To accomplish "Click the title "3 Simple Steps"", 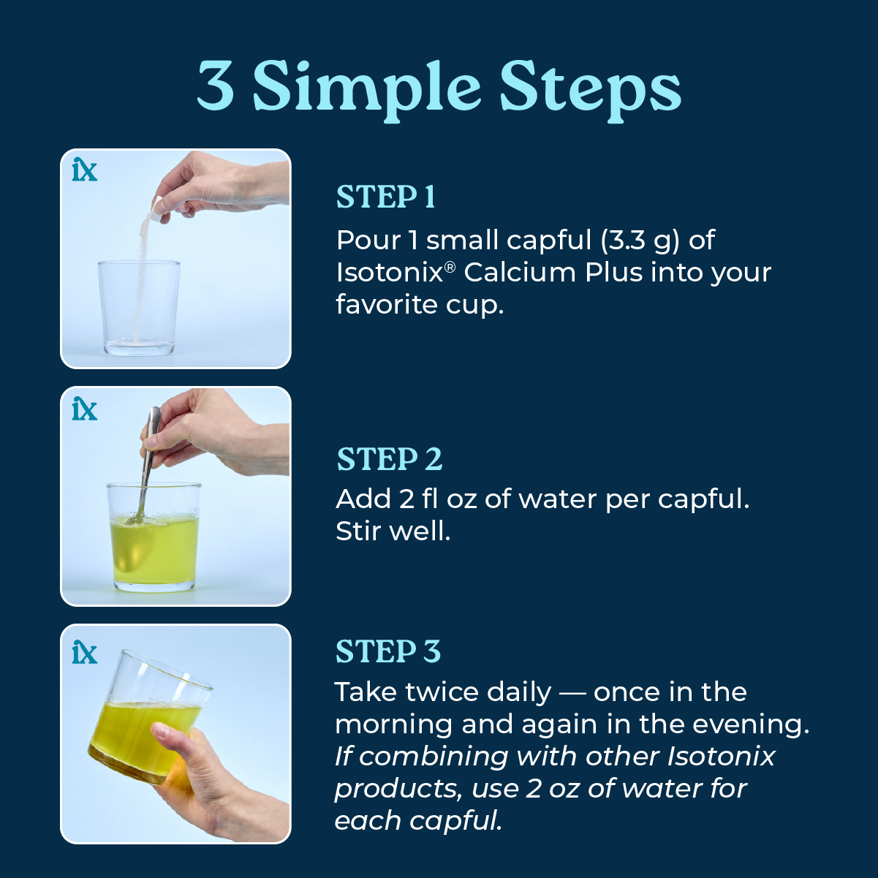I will (439, 88).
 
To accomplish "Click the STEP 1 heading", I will (385, 197).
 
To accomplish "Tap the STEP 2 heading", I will (389, 460).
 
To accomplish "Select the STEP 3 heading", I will (387, 652).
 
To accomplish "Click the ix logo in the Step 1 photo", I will (84, 170).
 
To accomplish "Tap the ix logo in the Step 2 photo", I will (84, 409).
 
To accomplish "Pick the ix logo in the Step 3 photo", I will (84, 652).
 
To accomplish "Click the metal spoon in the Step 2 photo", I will (148, 461).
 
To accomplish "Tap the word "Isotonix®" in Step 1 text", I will (395, 273).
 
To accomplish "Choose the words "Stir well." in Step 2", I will (393, 531).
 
